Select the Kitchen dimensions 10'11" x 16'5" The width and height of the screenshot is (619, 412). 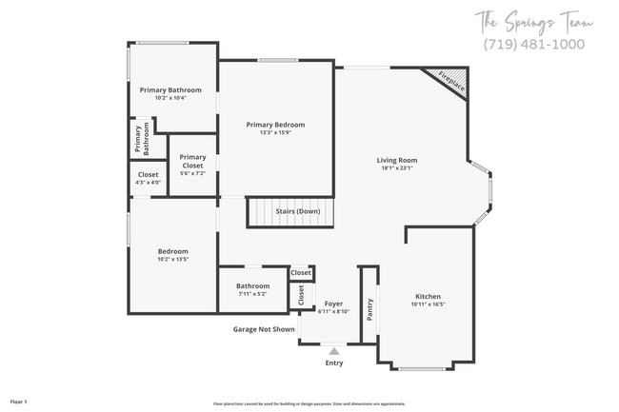[428, 304]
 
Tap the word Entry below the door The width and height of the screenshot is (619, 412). [334, 363]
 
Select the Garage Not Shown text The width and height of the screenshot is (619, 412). [264, 329]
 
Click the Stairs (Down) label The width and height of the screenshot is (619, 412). [297, 211]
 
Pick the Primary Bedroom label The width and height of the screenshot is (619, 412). [275, 125]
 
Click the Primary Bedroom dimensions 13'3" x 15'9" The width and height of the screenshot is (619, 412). [275, 132]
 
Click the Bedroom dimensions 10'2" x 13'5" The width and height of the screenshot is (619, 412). [173, 259]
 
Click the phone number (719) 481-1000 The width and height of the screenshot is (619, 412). [534, 45]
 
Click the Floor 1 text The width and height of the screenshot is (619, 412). [19, 402]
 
